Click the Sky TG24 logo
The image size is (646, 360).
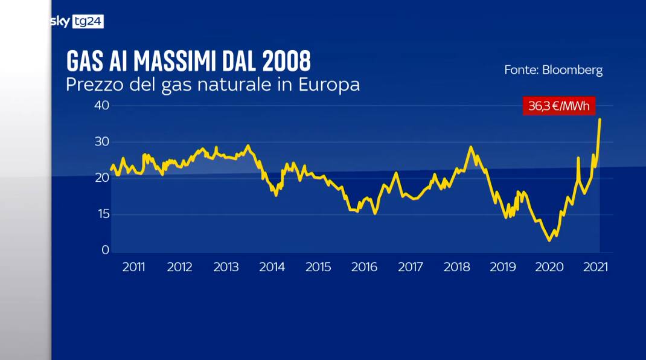click(x=77, y=22)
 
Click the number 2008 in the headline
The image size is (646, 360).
click(x=287, y=62)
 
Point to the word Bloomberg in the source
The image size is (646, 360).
click(x=572, y=70)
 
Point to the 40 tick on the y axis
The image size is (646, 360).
click(x=101, y=106)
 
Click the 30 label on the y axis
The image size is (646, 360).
click(x=101, y=142)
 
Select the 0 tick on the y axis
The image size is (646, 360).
click(x=104, y=250)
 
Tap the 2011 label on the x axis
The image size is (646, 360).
click(x=133, y=267)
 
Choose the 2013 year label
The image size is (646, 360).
click(x=225, y=267)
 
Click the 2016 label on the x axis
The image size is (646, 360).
click(x=364, y=267)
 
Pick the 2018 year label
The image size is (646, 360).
click(x=456, y=267)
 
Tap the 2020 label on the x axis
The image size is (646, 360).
click(x=549, y=267)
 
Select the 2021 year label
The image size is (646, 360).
click(x=595, y=267)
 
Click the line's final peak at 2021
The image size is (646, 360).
click(x=600, y=120)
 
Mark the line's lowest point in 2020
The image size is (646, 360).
click(x=549, y=240)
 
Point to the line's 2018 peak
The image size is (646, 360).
click(x=471, y=147)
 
